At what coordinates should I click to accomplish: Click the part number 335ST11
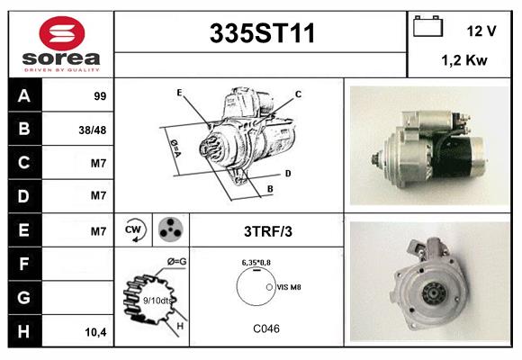click(262, 33)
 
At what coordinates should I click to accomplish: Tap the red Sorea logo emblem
click(62, 33)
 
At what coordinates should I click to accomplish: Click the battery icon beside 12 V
click(427, 26)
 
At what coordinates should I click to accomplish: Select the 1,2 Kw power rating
click(464, 60)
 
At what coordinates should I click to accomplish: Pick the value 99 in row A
click(100, 96)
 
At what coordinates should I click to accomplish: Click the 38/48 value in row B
click(93, 130)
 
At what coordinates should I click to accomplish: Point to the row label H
click(23, 331)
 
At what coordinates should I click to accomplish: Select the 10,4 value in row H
click(95, 332)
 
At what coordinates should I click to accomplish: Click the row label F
click(23, 264)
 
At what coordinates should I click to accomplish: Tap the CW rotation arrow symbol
click(133, 230)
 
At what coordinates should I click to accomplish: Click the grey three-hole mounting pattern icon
click(171, 229)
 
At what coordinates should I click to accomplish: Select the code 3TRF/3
click(268, 231)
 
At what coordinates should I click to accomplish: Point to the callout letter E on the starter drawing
click(179, 92)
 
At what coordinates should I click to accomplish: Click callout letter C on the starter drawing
click(298, 94)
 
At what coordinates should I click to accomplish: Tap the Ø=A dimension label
click(175, 148)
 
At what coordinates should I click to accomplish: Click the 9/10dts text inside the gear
click(157, 301)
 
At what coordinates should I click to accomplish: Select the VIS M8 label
click(289, 287)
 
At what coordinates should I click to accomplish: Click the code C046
click(266, 328)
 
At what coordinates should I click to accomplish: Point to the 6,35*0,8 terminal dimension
click(256, 263)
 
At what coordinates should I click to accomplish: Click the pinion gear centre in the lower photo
click(434, 293)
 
